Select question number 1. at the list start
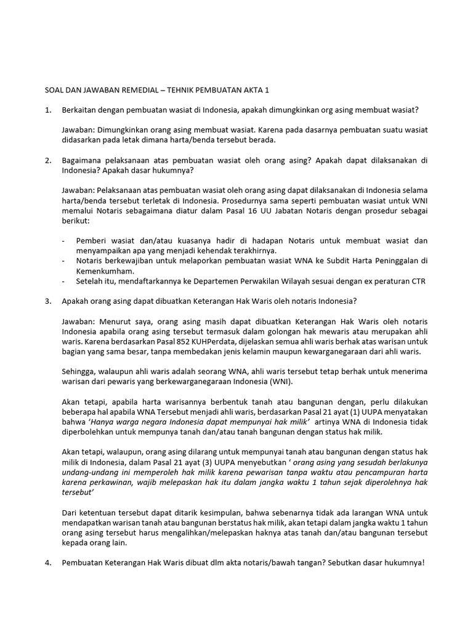point(48,110)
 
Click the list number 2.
point(48,160)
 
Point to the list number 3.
point(48,301)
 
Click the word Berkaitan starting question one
point(80,110)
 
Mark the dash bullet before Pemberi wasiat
point(65,240)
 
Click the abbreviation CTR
point(418,281)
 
